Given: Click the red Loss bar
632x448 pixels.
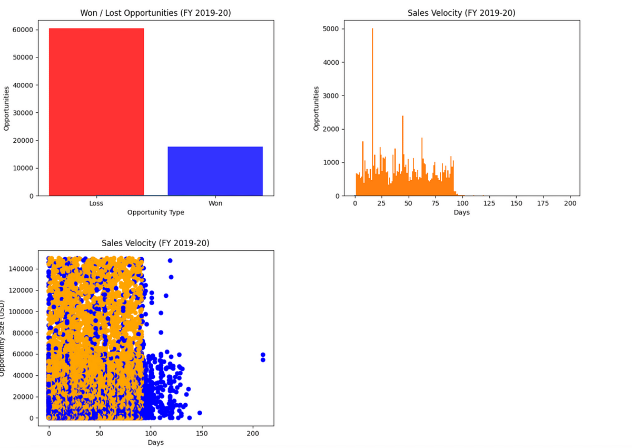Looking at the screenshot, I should (x=96, y=112).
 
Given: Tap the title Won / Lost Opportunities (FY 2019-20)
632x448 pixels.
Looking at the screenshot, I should (x=155, y=13).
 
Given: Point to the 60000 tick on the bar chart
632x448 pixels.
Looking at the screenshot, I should (x=25, y=30).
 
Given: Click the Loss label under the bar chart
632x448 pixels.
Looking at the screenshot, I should (x=96, y=203).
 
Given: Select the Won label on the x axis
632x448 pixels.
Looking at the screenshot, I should (x=215, y=203).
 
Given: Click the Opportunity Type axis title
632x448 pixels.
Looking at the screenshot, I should (x=155, y=212).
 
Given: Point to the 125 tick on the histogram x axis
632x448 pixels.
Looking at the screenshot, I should (x=489, y=203).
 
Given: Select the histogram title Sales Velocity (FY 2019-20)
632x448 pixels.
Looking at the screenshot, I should (x=461, y=13).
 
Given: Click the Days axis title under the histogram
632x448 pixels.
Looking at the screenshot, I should (x=461, y=212).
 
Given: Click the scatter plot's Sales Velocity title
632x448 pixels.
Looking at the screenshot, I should (x=155, y=243).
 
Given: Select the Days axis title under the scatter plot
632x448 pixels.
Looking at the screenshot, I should (x=155, y=442).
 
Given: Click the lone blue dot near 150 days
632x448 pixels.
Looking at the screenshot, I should (x=200, y=413).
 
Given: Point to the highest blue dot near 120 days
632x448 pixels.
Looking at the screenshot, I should (x=170, y=260).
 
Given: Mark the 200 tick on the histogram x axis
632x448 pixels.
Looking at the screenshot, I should (x=570, y=203).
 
